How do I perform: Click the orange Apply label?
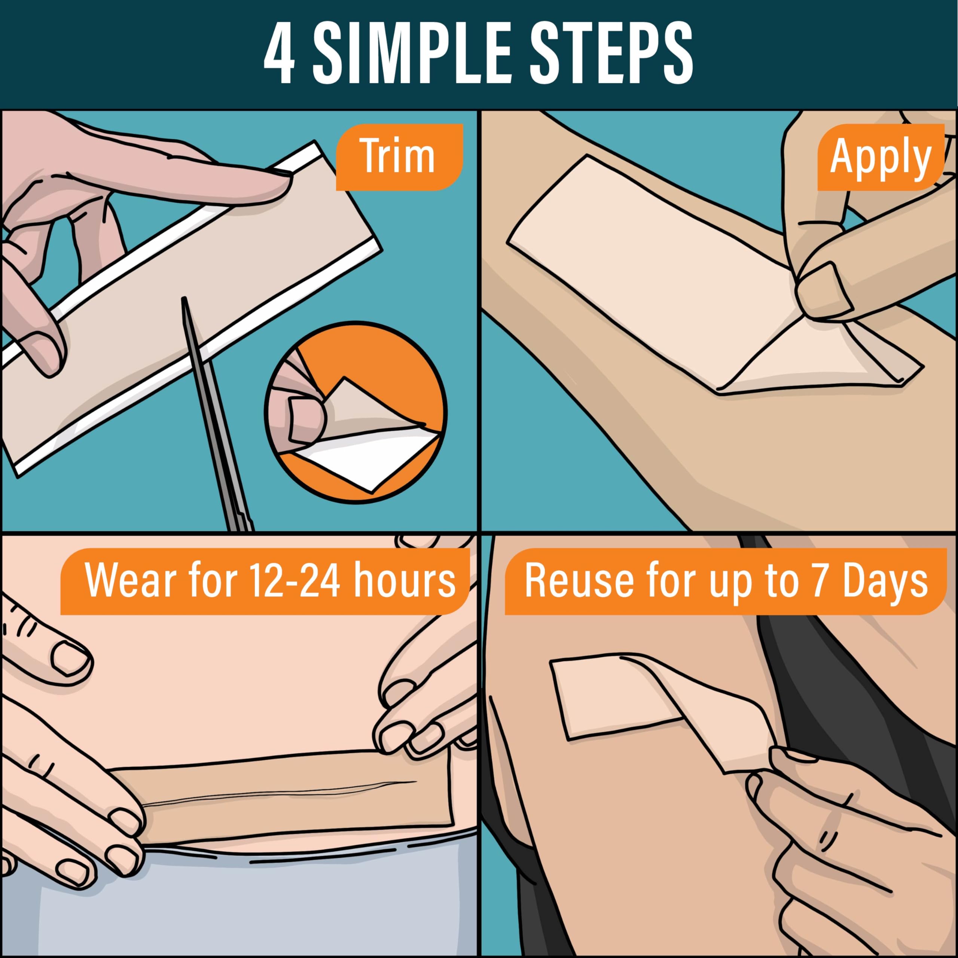point(880,158)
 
